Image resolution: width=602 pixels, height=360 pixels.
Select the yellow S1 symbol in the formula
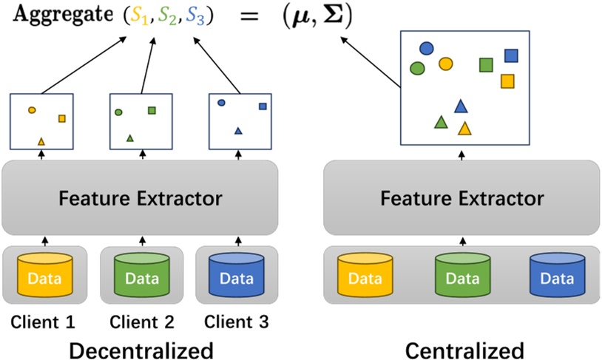point(138,17)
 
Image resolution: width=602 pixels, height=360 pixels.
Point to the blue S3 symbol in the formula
point(196,17)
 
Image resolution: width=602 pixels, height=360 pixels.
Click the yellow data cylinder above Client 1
point(44,276)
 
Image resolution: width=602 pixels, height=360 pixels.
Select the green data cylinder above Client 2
point(141,276)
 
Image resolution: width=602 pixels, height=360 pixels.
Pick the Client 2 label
point(141,322)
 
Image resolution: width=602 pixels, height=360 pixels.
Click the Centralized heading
point(464,349)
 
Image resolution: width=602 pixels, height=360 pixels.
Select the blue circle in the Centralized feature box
point(426,49)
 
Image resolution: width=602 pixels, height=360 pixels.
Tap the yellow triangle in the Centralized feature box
point(464,129)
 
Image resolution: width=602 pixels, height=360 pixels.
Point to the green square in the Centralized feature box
point(486,65)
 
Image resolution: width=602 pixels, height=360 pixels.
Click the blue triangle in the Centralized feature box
point(461,106)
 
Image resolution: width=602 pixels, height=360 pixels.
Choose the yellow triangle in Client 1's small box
point(41,140)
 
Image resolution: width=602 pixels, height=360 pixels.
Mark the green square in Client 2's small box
point(152,110)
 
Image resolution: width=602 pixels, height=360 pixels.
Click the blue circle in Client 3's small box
point(221,103)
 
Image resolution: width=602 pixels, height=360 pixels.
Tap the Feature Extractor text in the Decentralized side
point(140,198)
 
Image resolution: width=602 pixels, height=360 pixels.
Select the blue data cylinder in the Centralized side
point(556,276)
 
